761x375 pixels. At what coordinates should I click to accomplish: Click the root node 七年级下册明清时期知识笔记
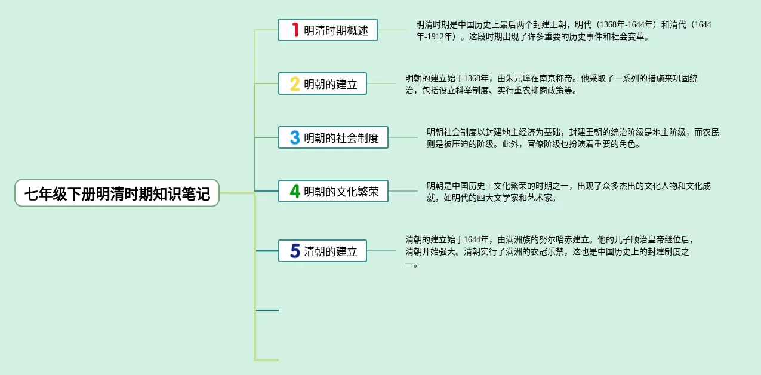(x=117, y=193)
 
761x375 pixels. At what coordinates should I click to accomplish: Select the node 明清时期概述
(x=336, y=30)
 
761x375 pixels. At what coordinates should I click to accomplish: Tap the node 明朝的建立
(x=330, y=84)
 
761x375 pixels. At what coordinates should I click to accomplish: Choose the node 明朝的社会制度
(x=341, y=138)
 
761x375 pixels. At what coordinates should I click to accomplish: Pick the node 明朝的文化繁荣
(x=341, y=192)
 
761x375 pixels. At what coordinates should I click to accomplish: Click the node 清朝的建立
(x=330, y=251)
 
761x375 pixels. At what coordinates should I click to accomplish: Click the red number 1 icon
(x=294, y=30)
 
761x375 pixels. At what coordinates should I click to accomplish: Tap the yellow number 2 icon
(x=294, y=84)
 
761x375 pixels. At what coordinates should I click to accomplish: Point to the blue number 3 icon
(x=294, y=138)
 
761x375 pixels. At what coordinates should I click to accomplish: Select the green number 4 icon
(x=294, y=192)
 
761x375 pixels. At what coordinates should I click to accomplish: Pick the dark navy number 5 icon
(x=294, y=251)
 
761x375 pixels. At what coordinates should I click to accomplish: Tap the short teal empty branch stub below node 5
(x=267, y=311)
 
